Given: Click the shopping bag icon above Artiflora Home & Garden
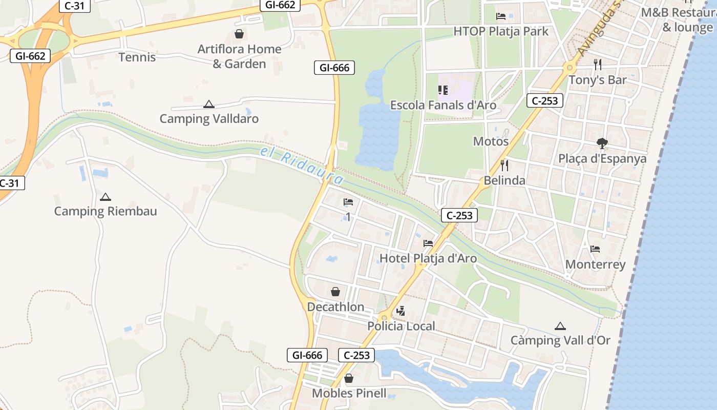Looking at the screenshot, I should (239, 34).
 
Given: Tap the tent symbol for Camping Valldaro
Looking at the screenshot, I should (208, 105).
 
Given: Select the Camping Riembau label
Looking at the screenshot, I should (106, 211).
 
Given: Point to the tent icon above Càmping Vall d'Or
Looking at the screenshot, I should (560, 326).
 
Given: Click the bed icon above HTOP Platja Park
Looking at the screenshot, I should (501, 16).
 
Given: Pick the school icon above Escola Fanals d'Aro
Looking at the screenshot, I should (443, 90).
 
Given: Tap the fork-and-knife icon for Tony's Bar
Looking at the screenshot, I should (597, 65).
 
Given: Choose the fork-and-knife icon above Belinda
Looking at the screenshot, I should (504, 165).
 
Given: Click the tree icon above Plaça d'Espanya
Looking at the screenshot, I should (602, 143).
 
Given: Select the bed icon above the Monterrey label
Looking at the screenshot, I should (595, 249).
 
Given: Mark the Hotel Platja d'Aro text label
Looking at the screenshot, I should (428, 258).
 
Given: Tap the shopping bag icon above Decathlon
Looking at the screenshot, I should (335, 292).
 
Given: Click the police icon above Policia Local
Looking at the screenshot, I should (401, 311).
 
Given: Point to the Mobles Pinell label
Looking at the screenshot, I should (349, 394).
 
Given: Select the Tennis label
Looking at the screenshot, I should (137, 57).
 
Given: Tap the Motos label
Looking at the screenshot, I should (491, 141).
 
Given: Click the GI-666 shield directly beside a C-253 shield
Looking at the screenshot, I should (308, 355).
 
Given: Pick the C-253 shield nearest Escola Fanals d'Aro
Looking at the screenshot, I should (545, 100).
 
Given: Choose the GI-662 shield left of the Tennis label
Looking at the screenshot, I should (30, 56).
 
